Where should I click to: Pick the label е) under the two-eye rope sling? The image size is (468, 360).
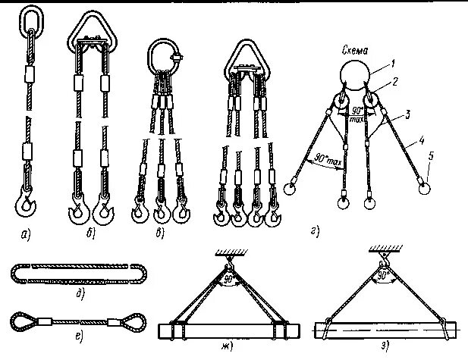[x=78, y=334]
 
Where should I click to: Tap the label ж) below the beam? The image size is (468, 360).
[x=227, y=346]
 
